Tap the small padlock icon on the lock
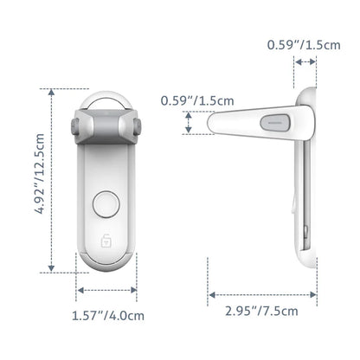[x=105, y=240]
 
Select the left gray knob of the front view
[x=70, y=127]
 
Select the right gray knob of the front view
[x=138, y=127]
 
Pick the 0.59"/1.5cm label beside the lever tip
[x=197, y=100]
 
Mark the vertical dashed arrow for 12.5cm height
[x=55, y=179]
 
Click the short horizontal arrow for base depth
[x=305, y=62]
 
